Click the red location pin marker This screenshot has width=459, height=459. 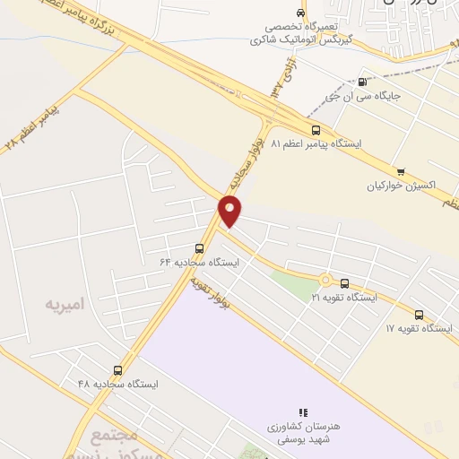230,210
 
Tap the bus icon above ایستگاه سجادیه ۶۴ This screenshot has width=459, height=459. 199,249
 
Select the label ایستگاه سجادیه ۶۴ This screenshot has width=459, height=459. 201,263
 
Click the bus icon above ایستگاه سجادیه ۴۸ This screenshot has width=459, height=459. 117,370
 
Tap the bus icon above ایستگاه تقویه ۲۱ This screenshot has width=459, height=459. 344,283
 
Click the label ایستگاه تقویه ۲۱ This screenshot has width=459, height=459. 344,297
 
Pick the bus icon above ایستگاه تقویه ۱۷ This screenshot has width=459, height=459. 420,315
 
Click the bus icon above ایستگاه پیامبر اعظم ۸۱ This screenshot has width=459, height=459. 314,129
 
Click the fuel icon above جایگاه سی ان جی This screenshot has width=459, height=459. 362,81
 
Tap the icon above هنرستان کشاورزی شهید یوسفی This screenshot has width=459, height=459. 303,412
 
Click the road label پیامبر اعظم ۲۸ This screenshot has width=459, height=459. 36,126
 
